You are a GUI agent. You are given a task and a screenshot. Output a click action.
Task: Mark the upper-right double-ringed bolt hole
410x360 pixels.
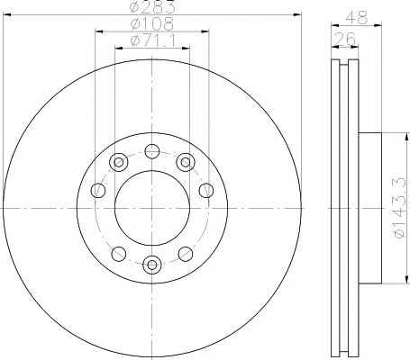click(185, 162)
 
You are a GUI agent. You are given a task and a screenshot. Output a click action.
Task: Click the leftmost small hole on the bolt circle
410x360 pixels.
click(98, 190)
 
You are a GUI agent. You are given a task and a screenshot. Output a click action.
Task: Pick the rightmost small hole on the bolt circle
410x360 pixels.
click(205, 190)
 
